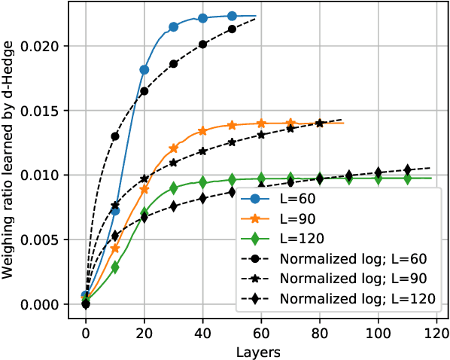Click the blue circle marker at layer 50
click(232, 16)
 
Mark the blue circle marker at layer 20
click(144, 69)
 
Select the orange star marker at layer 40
click(202, 131)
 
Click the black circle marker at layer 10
click(115, 136)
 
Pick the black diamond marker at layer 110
click(407, 169)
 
